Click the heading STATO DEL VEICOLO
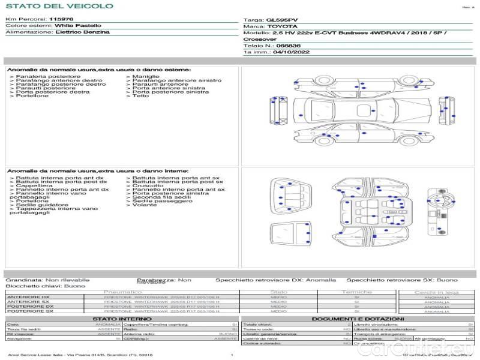tap(59, 6)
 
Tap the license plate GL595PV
tap(281, 19)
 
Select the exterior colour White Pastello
tap(78, 26)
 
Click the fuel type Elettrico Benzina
tap(82, 32)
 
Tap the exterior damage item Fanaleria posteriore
tap(47, 76)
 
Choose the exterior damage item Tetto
tap(140, 96)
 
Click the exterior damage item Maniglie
tap(146, 76)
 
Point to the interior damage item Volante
tap(145, 205)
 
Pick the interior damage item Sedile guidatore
tap(42, 205)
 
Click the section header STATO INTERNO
tap(118, 319)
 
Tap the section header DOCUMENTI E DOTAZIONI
tap(358, 319)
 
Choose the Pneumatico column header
tap(122, 292)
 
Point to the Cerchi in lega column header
tap(436, 292)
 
